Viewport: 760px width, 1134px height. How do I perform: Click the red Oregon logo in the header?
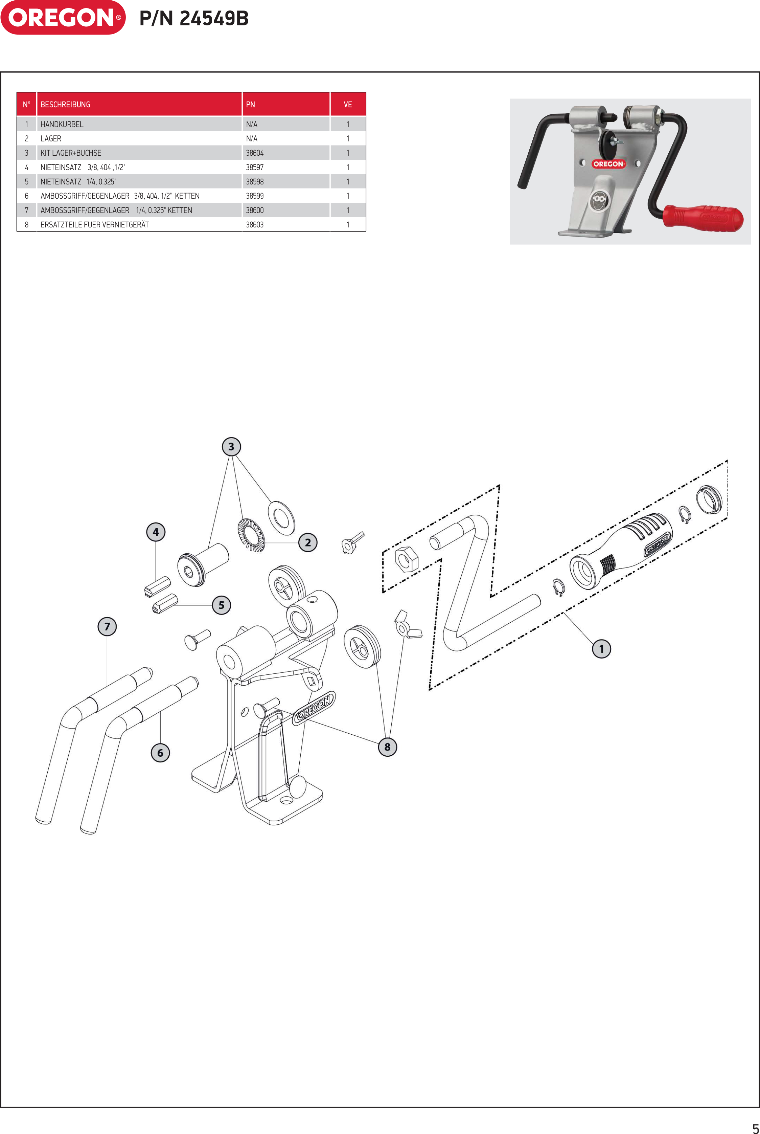coord(63,18)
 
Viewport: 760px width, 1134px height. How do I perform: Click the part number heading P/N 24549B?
coord(194,18)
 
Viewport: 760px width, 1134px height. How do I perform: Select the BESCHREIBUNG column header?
coord(65,104)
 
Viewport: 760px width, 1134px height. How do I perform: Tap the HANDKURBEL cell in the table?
coord(62,124)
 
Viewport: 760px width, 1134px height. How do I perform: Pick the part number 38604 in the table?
coord(255,153)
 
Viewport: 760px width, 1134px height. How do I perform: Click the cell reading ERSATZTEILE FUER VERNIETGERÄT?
coord(94,224)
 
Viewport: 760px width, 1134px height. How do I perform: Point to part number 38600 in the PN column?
coord(255,210)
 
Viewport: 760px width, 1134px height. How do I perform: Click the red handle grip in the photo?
coord(703,218)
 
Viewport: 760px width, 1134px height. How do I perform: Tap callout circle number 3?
coord(231,446)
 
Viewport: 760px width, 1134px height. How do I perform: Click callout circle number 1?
coord(601,649)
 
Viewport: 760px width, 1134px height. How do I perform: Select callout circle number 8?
coord(387,747)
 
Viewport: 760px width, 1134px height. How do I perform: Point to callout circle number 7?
coord(107,626)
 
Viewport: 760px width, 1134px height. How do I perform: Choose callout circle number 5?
coord(222,605)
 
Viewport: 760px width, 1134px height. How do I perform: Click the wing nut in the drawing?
coord(406,625)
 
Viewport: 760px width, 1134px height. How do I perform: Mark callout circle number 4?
coord(156,532)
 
